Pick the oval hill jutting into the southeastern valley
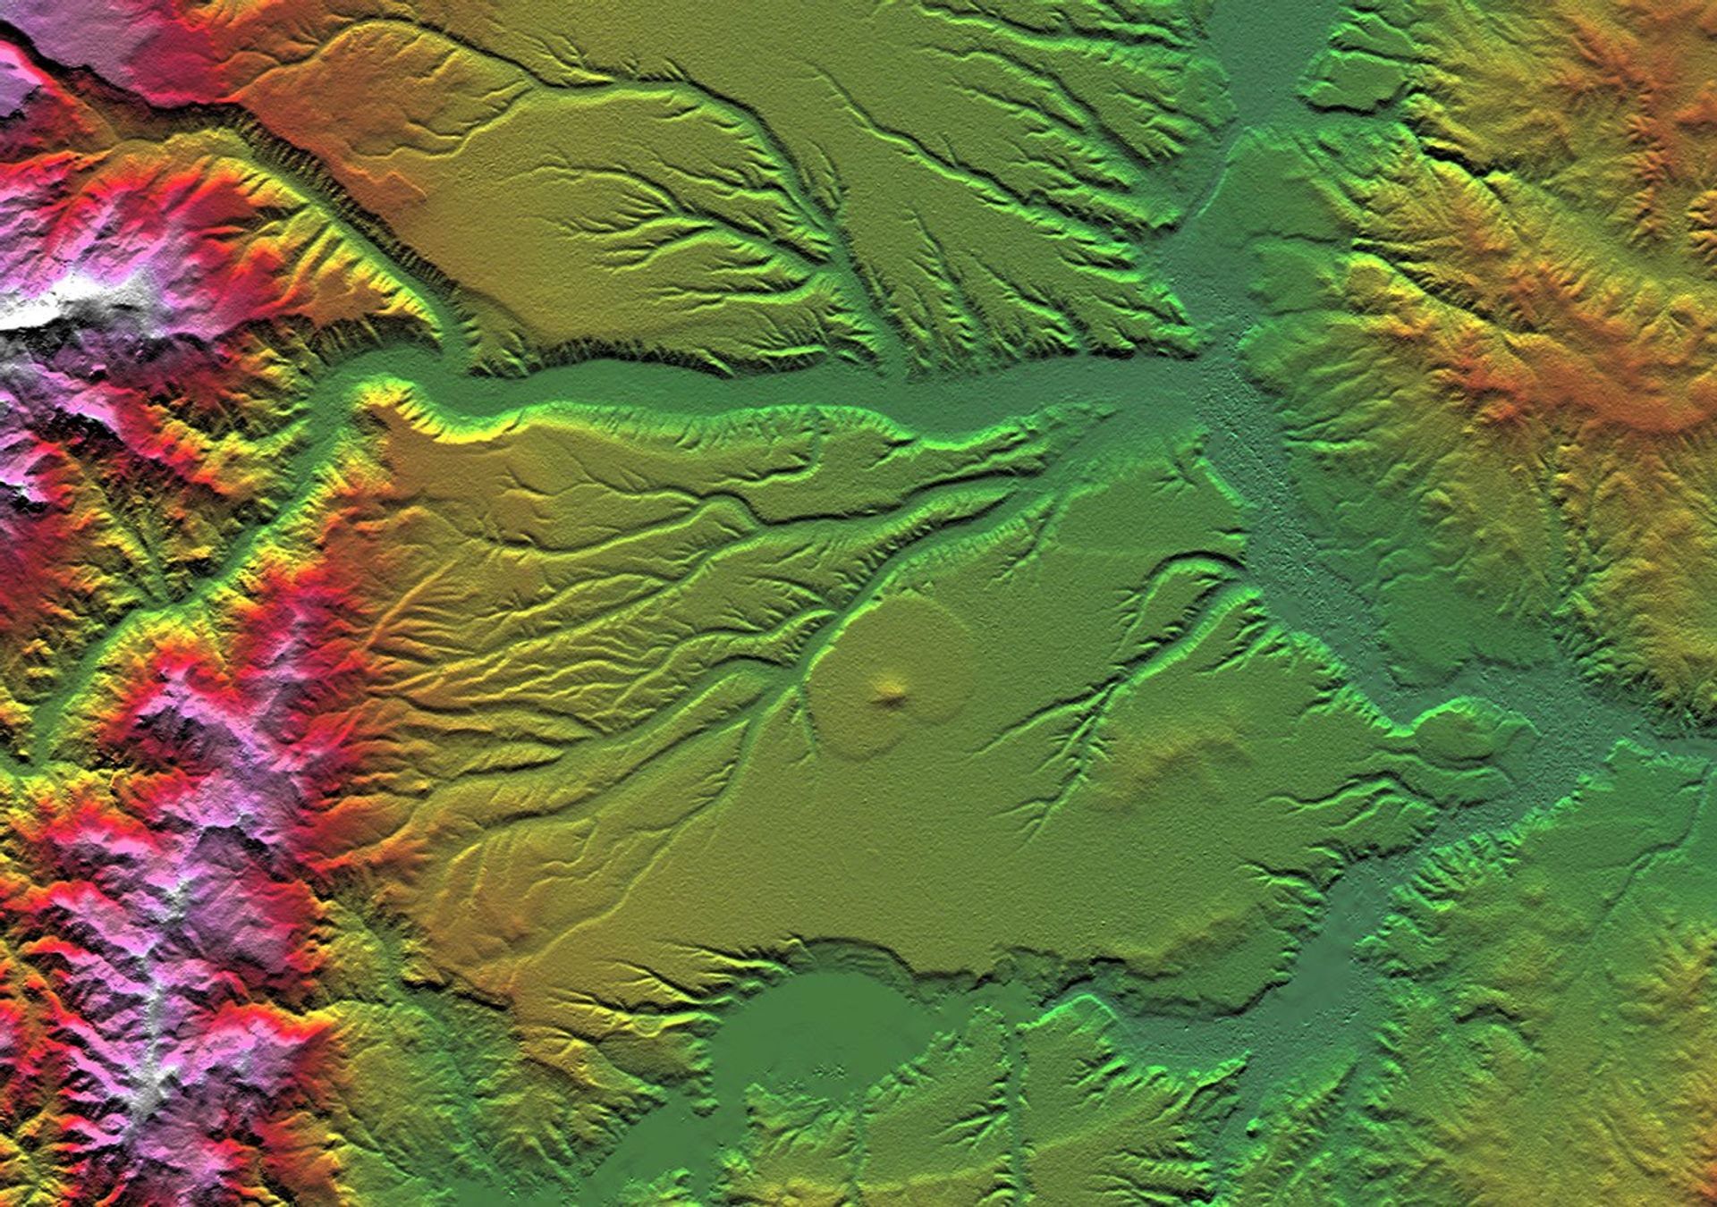pos(1462,733)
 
